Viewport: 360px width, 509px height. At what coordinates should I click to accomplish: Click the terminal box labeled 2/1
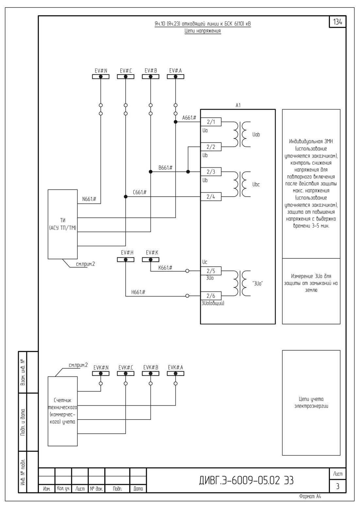pos(211,122)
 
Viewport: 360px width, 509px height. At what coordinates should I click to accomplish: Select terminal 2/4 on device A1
pos(211,197)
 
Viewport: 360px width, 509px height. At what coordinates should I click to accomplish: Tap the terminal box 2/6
pos(211,296)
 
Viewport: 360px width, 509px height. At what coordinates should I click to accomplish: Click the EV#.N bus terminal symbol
pos(101,77)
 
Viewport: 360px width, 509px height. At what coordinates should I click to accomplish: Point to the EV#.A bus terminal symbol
pos(176,77)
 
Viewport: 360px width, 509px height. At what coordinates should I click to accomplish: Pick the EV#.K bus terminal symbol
pos(150,259)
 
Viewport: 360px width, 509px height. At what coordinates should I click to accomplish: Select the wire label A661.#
pos(189,118)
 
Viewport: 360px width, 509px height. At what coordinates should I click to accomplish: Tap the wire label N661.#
pos(89,199)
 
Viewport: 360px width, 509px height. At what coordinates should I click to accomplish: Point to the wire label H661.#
pos(138,292)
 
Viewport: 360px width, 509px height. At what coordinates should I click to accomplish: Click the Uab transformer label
pos(256,135)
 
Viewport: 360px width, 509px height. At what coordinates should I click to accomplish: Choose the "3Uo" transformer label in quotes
pos(257,284)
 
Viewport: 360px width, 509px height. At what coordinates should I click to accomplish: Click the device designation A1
pos(238,106)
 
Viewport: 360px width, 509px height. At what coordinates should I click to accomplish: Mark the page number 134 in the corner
pos(338,22)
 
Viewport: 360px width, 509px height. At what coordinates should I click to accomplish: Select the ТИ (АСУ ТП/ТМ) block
pos(62,224)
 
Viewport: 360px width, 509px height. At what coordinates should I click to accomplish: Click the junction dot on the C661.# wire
pos(126,197)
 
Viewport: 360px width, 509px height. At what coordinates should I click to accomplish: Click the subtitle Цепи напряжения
pos(203,31)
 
